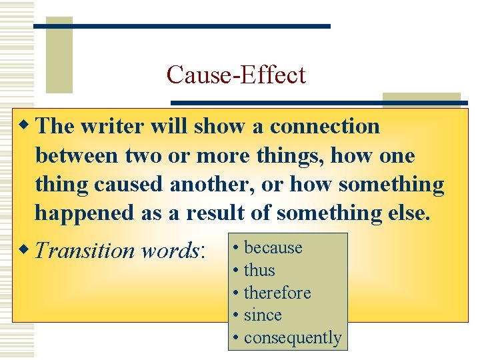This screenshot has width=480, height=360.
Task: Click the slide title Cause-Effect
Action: coord(236,75)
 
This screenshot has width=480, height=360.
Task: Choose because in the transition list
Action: coord(273,248)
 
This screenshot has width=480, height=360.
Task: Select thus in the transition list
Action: coord(259,271)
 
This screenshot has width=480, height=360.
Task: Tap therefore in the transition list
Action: coord(277,293)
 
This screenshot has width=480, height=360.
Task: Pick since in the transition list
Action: coord(263,315)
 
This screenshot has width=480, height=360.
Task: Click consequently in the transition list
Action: coord(292,338)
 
